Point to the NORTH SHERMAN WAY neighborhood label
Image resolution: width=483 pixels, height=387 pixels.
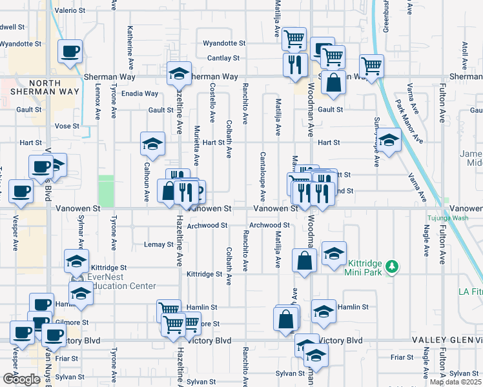click(36, 88)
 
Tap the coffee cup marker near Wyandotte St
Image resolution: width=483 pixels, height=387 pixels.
click(70, 51)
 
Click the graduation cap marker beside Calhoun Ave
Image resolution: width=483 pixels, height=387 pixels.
click(152, 143)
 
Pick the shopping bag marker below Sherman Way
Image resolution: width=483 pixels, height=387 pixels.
click(333, 83)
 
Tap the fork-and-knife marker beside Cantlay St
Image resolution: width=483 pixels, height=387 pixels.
click(294, 64)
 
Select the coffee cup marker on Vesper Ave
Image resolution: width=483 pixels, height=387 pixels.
click(21, 192)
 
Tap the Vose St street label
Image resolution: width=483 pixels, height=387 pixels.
click(67, 126)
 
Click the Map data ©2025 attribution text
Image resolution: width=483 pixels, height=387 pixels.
click(455, 382)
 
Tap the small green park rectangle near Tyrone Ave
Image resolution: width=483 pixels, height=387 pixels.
click(105, 191)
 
